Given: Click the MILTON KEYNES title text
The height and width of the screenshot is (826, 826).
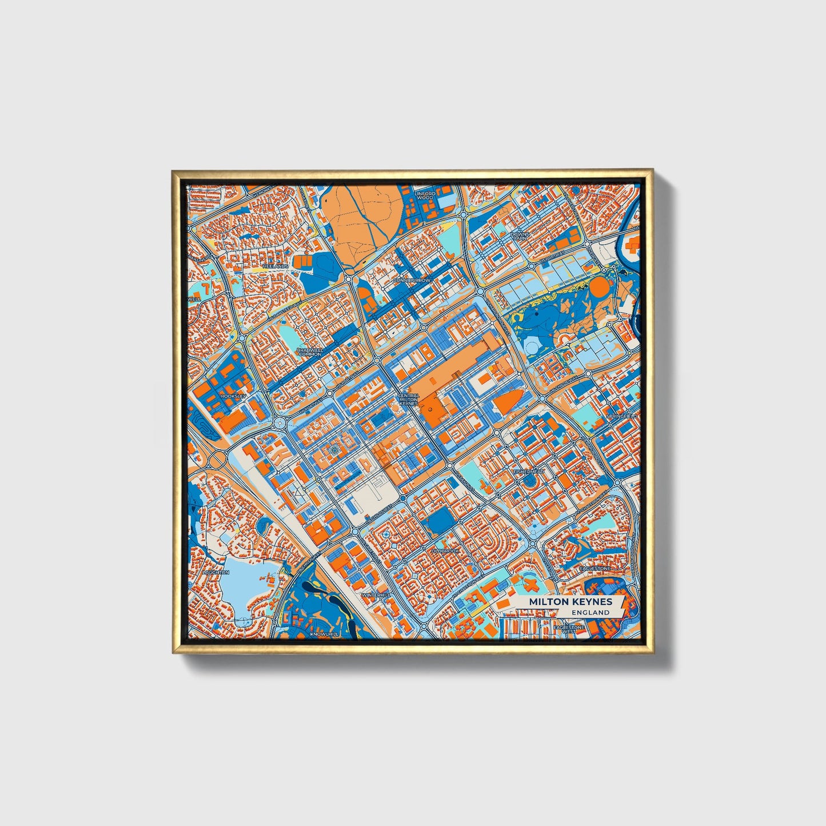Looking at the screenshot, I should pyautogui.click(x=570, y=601).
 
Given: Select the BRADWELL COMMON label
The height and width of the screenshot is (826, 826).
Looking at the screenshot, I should pyautogui.click(x=309, y=352).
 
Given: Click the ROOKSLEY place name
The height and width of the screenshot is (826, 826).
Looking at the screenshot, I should pyautogui.click(x=233, y=395).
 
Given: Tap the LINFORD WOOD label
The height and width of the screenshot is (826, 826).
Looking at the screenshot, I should pyautogui.click(x=424, y=195).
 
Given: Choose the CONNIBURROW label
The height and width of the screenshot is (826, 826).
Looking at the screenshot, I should pyautogui.click(x=412, y=281).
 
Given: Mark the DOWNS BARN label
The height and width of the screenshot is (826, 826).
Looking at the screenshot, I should pyautogui.click(x=521, y=236).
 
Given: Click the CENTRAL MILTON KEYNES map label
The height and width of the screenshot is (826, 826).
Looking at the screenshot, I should pyautogui.click(x=409, y=400).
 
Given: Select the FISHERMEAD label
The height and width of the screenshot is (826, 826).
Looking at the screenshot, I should pyautogui.click(x=529, y=472).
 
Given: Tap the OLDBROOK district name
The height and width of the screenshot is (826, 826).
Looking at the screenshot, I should pyautogui.click(x=445, y=550).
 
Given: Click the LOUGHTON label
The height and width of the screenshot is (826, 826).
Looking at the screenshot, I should pyautogui.click(x=216, y=572).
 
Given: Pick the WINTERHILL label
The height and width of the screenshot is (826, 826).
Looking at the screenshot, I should pyautogui.click(x=376, y=595).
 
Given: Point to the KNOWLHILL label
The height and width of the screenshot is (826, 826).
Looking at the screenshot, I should pyautogui.click(x=324, y=634).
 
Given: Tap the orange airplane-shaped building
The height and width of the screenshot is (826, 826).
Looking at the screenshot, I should pyautogui.click(x=530, y=585).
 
